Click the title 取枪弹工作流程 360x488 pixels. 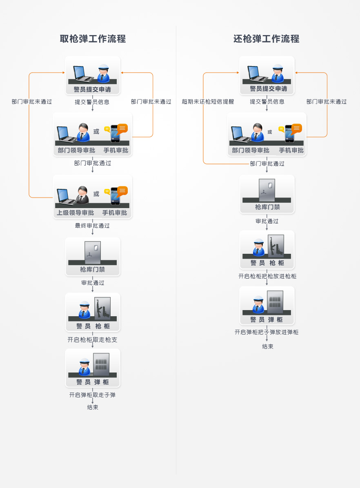(x=93, y=39)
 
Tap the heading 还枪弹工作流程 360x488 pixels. (x=267, y=39)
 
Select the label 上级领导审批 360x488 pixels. (x=76, y=213)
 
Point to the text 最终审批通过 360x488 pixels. (x=92, y=226)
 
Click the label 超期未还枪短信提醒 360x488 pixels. (x=208, y=102)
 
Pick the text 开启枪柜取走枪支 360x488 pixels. (x=93, y=339)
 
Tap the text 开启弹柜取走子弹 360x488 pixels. (x=93, y=395)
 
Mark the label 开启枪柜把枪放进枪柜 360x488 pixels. (x=267, y=276)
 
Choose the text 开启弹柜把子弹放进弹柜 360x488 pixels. (x=267, y=332)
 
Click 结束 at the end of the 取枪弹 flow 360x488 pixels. (x=93, y=407)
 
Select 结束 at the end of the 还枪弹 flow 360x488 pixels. (x=268, y=346)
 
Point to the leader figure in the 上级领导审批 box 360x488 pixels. (x=83, y=195)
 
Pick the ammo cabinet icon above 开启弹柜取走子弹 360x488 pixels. (x=101, y=364)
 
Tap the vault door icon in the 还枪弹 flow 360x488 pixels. (x=267, y=190)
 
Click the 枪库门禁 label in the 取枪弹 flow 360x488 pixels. (x=92, y=269)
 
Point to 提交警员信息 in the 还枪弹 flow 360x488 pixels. (x=267, y=102)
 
